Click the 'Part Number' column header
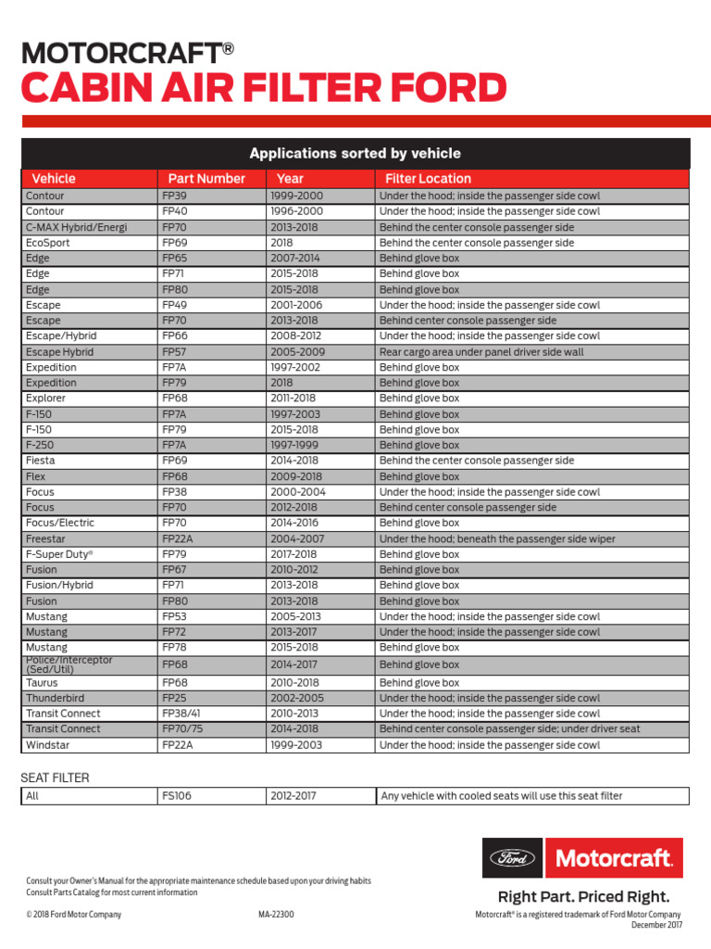[x=206, y=178]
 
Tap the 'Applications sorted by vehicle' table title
[x=355, y=153]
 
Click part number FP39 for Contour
[x=174, y=196]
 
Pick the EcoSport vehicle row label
[x=47, y=243]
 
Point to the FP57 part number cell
[x=174, y=352]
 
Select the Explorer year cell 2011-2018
[x=293, y=399]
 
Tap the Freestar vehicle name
[x=46, y=538]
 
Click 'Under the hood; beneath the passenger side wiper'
[x=497, y=538]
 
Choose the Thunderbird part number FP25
[x=174, y=698]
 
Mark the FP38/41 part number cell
[x=182, y=714]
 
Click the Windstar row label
[x=47, y=745]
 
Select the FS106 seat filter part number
[x=177, y=796]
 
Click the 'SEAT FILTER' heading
[x=55, y=778]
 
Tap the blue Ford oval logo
[x=512, y=858]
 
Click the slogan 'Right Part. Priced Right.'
[x=583, y=896]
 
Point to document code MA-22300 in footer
[x=276, y=915]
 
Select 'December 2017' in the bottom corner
[x=656, y=925]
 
